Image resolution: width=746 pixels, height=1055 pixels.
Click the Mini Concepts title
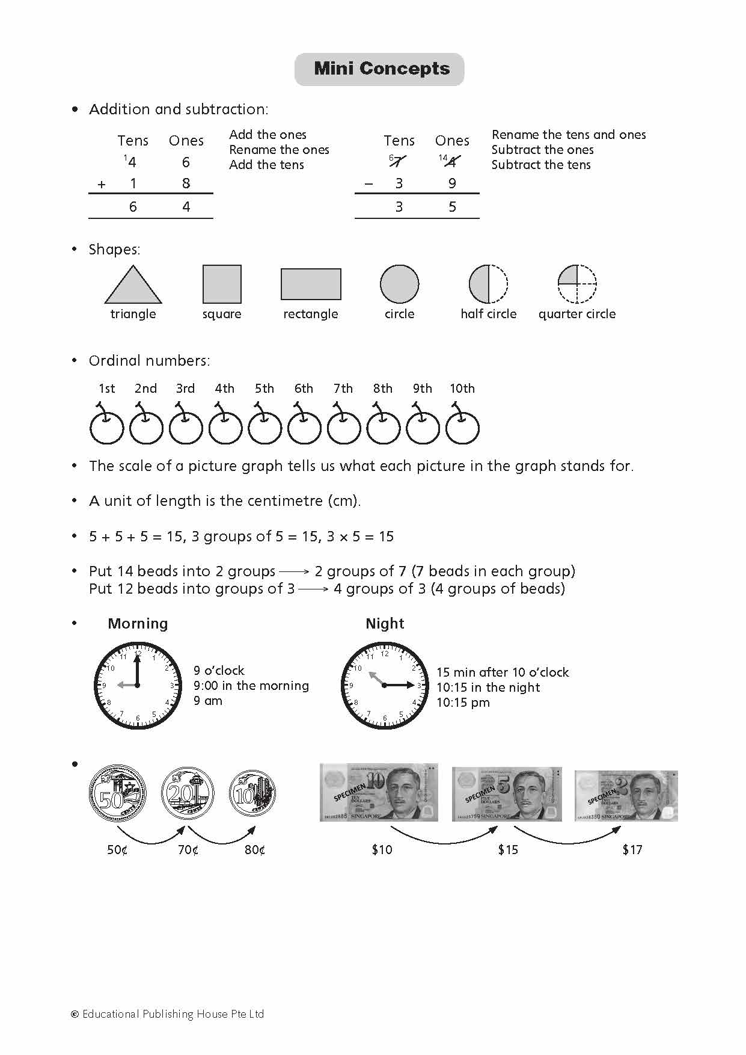(381, 69)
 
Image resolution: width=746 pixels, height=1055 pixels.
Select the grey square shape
(222, 284)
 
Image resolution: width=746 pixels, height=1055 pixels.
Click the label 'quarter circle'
(576, 314)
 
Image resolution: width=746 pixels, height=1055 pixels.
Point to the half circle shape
(488, 284)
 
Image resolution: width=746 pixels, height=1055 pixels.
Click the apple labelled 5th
(264, 428)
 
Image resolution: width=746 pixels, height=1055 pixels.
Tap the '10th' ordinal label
(462, 389)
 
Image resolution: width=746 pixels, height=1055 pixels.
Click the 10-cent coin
(252, 794)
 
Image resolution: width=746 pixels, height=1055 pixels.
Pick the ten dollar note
(379, 793)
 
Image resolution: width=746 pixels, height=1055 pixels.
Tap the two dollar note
(625, 795)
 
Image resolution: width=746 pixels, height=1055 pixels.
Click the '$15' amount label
(508, 850)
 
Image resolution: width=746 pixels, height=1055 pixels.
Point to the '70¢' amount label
(188, 850)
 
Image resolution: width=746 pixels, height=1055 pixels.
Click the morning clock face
(138, 686)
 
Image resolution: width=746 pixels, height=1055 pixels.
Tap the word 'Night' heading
(385, 624)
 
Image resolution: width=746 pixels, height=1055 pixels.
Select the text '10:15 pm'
(463, 703)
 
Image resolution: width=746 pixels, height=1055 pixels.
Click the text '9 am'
(208, 701)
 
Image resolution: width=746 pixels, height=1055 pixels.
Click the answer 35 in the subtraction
(425, 207)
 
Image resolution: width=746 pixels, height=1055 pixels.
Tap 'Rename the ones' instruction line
(279, 150)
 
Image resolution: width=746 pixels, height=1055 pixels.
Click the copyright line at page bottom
(168, 1014)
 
